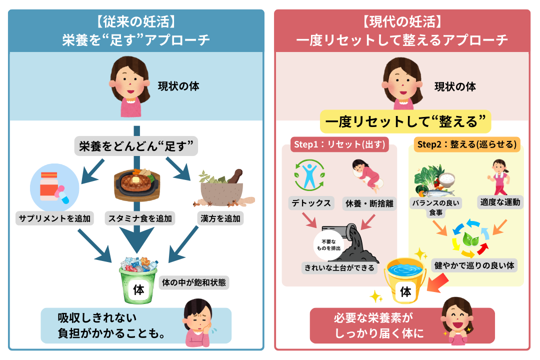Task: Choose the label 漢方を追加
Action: tap(220, 218)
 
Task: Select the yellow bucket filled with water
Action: tap(405, 280)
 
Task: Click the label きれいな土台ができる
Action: tap(339, 267)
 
